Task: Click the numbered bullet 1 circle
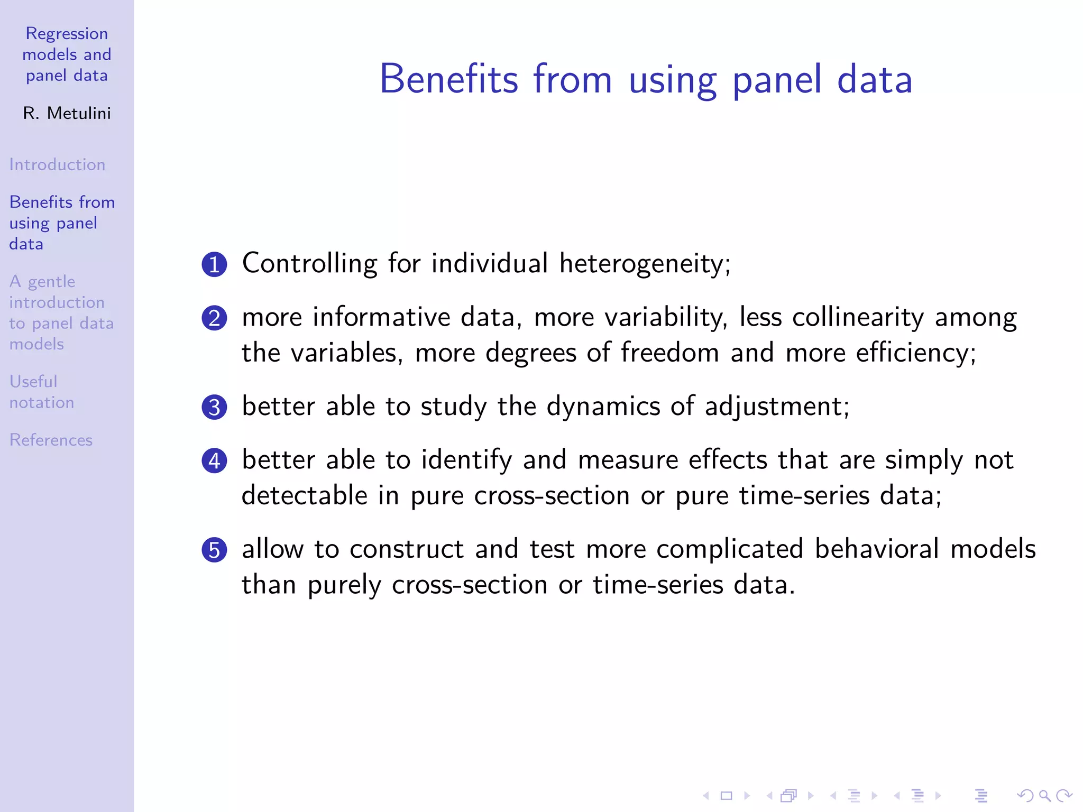coord(214,264)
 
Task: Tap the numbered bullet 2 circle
coord(214,318)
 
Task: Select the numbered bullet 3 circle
coord(214,407)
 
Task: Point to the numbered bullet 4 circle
coord(214,460)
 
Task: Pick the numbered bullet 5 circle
coord(214,550)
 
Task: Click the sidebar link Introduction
coord(57,164)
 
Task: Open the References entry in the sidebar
coord(51,440)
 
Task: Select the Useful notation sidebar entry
coord(41,392)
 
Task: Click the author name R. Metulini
coord(67,113)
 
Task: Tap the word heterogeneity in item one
coord(645,264)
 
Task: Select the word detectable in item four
coord(304,495)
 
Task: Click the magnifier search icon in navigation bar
coord(1044,796)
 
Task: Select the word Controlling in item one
coord(309,264)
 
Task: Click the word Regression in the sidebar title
coord(67,34)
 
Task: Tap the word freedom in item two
coord(669,353)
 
